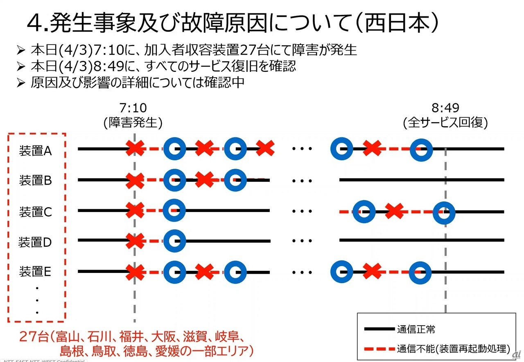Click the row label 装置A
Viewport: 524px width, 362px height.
click(x=36, y=151)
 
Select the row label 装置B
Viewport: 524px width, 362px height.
click(x=36, y=180)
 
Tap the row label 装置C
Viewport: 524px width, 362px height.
click(x=36, y=212)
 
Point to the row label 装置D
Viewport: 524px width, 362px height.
click(x=36, y=242)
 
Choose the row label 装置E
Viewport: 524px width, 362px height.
click(x=36, y=271)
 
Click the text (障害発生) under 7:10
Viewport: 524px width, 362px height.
click(x=133, y=123)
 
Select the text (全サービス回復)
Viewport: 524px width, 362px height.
click(x=445, y=123)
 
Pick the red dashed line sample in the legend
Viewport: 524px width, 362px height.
click(x=379, y=349)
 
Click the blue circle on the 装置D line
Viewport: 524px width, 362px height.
click(x=174, y=241)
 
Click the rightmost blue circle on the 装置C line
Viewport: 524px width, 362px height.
click(x=444, y=212)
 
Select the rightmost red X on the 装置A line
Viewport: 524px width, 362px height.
click(x=372, y=148)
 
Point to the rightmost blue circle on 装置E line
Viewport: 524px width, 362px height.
click(x=420, y=272)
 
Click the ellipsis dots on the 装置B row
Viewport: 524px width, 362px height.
click(x=302, y=180)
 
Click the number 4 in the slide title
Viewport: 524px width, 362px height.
click(x=34, y=24)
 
